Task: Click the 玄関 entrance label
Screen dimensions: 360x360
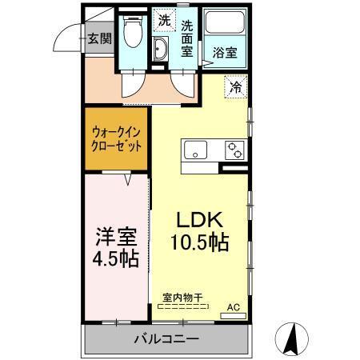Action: (x=99, y=38)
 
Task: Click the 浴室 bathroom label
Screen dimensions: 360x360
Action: (x=224, y=54)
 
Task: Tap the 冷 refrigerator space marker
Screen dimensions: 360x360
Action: (x=236, y=86)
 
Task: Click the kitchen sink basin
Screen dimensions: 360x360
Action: (x=195, y=149)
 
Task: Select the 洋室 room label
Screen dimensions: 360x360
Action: (x=117, y=237)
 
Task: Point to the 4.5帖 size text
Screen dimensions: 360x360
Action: (x=117, y=259)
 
